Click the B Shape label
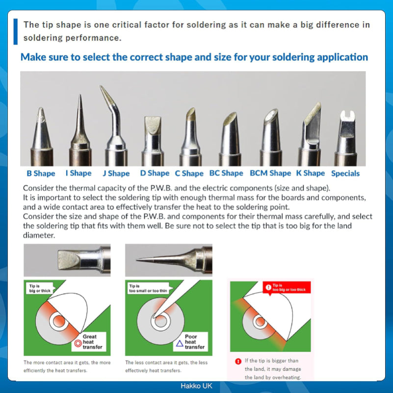coord(41,173)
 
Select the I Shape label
coord(79,173)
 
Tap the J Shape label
coord(116,173)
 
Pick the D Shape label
coord(155,173)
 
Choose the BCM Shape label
coord(270,173)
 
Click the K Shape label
coord(310,173)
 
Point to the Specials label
coord(345,173)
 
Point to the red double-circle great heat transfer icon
coord(77,344)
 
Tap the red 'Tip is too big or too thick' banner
coord(287,288)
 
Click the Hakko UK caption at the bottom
coord(196,386)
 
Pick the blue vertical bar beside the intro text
coord(16,31)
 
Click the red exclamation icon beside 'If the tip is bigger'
coord(238,361)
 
